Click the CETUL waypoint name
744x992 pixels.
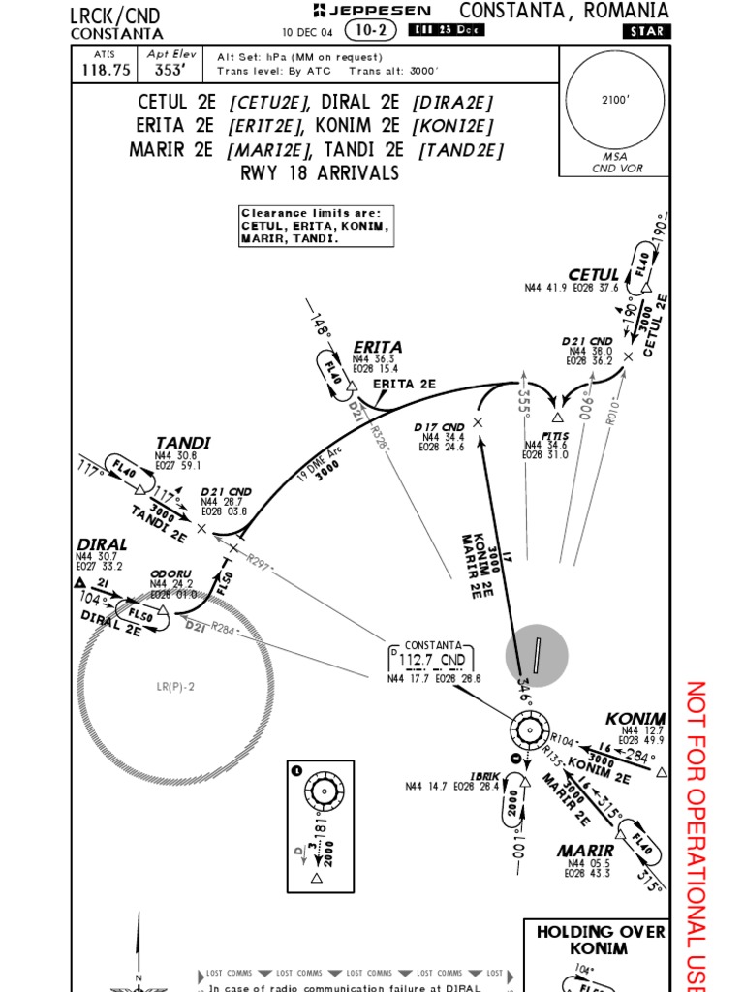point(593,275)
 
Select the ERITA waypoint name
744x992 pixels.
point(378,347)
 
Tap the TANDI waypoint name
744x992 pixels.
point(182,443)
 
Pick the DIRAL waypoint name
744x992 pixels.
point(102,544)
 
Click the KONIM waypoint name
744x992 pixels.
point(635,718)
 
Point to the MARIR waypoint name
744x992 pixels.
point(586,851)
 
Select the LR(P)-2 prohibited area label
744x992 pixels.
point(175,687)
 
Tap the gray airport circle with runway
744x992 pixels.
point(536,656)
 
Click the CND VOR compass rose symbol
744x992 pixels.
point(529,730)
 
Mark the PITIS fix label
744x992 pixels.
point(555,436)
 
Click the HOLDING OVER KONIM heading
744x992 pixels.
point(601,939)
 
